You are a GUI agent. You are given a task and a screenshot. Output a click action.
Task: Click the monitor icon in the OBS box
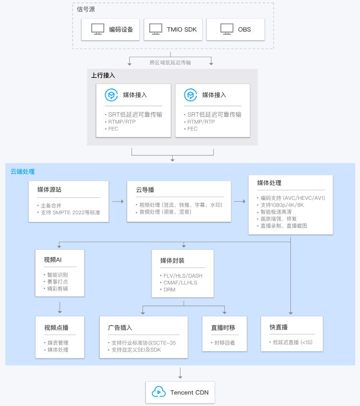[227, 29]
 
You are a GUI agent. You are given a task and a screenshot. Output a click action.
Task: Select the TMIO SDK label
[182, 29]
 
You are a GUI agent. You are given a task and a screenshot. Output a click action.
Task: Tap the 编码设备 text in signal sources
[121, 29]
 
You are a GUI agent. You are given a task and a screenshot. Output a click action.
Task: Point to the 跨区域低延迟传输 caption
[170, 62]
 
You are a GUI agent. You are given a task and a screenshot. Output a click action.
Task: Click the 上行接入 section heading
[103, 75]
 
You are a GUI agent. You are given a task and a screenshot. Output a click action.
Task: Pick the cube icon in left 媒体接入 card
[111, 95]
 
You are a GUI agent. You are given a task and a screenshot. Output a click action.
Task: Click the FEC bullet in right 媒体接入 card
[192, 129]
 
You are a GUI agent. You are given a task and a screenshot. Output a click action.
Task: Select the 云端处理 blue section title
[23, 172]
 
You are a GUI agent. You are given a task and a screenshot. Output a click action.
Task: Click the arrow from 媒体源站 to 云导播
[118, 201]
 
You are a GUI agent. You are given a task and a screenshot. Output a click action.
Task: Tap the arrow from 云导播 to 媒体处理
[240, 201]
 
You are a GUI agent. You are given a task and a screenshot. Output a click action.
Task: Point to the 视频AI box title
[52, 260]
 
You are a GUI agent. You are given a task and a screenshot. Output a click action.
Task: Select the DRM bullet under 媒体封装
[169, 290]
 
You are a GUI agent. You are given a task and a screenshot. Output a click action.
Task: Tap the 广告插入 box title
[120, 328]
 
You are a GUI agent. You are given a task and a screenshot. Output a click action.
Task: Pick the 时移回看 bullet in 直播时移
[224, 343]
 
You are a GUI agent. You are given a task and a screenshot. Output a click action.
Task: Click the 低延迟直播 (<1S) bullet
[292, 342]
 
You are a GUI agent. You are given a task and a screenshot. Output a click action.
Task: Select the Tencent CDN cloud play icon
[158, 392]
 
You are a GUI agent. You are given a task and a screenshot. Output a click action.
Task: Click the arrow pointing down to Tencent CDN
[180, 372]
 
